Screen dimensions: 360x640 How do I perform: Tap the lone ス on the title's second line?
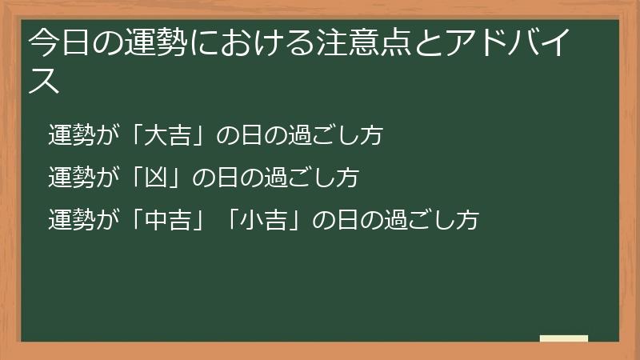(x=45, y=82)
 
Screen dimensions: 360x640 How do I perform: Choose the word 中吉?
(x=172, y=219)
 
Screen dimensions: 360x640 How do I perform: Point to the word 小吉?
(x=268, y=219)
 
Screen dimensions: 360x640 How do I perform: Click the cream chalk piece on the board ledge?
(x=564, y=338)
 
